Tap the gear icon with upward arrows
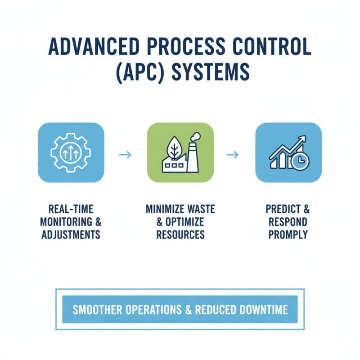click(71, 152)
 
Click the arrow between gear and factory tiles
click(126, 155)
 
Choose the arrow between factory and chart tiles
click(232, 155)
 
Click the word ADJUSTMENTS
click(71, 234)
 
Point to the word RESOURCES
click(180, 234)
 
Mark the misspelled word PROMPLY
click(288, 234)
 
